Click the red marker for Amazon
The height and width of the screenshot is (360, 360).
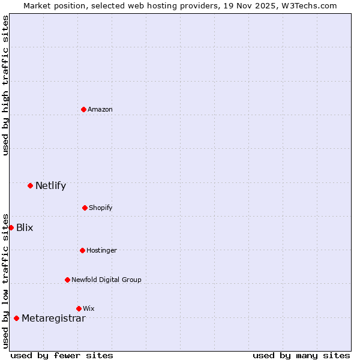(x=83, y=109)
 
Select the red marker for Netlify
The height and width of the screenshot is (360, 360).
(x=30, y=185)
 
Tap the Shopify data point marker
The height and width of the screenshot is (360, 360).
(x=85, y=208)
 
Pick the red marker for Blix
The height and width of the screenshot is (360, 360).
(x=11, y=227)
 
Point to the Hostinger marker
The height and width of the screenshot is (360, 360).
(x=82, y=250)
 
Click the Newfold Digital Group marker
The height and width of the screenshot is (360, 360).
(x=67, y=280)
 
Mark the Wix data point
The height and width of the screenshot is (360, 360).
(x=79, y=308)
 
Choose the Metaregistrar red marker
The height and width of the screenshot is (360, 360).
(x=16, y=318)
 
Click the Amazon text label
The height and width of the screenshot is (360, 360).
(x=100, y=110)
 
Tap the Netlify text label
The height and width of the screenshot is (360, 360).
(x=50, y=186)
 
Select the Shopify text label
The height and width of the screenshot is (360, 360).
(x=101, y=208)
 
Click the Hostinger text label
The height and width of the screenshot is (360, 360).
(x=101, y=251)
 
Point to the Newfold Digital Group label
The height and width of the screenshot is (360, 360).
(x=106, y=280)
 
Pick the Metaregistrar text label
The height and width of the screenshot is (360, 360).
(x=53, y=319)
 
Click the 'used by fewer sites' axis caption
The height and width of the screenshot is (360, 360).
(x=62, y=355)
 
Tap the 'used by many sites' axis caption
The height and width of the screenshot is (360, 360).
(x=301, y=355)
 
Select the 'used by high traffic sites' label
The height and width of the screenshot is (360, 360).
(x=6, y=85)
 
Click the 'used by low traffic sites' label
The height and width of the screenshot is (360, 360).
(x=6, y=280)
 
